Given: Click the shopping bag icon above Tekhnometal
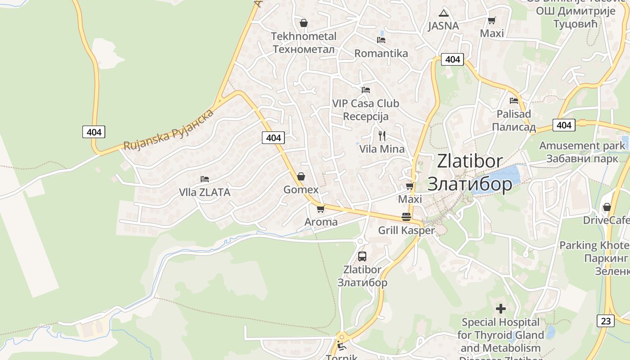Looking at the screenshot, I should point(304,22).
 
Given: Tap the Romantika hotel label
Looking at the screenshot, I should point(381,54).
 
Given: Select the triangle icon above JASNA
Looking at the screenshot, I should point(444,13).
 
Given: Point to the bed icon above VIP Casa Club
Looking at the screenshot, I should point(365,90).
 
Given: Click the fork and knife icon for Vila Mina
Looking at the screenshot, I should point(382,135).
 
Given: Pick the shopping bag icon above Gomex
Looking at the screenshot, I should point(301,176).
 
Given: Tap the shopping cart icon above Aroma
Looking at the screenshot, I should point(320,209).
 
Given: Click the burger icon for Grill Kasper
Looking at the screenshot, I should point(406,217).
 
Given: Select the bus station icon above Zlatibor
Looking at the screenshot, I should point(362,256).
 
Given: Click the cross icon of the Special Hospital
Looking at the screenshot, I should point(500,309).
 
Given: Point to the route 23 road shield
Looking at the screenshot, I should point(606,321).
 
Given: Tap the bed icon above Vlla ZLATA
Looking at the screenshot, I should point(204,179).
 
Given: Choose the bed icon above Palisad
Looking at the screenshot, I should point(513,101).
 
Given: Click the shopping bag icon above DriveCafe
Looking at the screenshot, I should point(607,207).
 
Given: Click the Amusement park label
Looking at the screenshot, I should point(582,146).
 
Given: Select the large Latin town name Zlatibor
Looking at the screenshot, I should point(469,161).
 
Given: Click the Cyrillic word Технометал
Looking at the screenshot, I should point(303,49).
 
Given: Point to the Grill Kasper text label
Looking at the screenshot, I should point(406,231).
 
